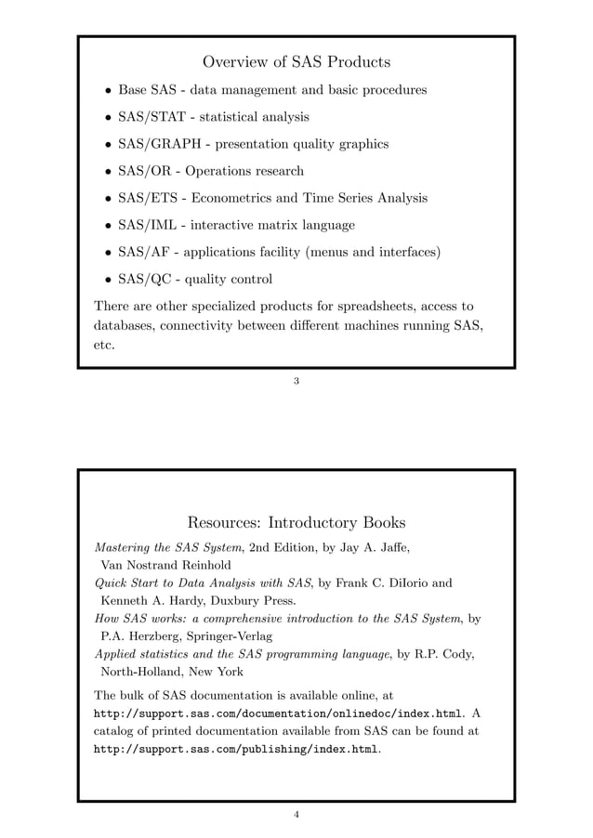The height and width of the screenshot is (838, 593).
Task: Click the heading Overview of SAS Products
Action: coord(296,62)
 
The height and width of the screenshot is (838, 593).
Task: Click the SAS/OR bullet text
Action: coord(210,171)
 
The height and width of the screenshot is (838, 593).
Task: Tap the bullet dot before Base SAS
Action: coord(108,91)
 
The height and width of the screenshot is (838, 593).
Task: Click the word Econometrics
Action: coord(237,198)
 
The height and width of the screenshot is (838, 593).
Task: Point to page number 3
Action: coord(296,380)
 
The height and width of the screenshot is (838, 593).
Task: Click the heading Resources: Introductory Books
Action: coord(296,522)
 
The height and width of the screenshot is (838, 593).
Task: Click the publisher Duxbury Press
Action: coord(242,600)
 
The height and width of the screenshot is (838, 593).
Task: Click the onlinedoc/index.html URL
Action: coord(278,713)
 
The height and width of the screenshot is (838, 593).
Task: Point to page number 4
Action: coord(296,815)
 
